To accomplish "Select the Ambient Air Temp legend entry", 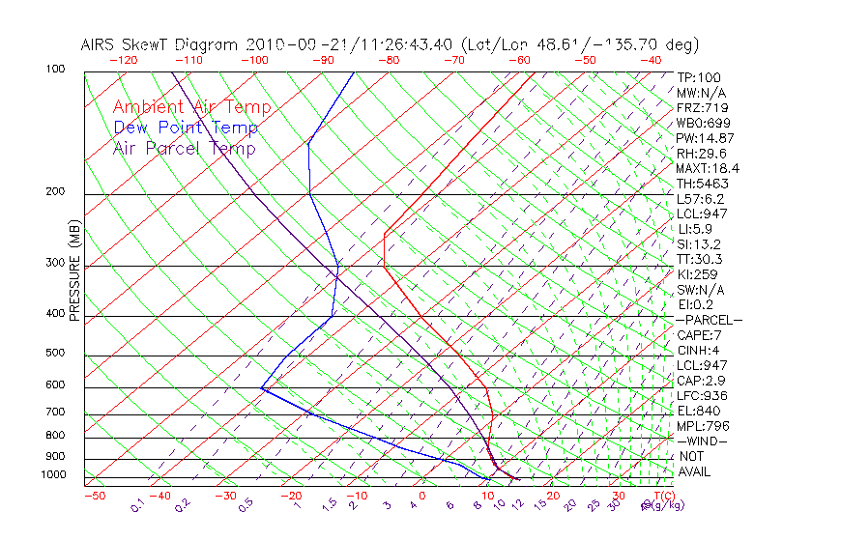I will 191,107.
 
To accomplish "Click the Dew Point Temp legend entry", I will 186,128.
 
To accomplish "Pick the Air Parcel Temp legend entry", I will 184,148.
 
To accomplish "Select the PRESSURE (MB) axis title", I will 73,271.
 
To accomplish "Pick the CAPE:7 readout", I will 699,335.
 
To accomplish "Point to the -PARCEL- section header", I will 709,320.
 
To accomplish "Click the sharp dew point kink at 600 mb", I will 261,388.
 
